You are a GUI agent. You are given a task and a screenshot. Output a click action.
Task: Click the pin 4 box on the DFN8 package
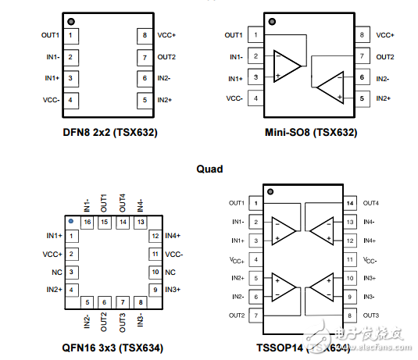(x=70, y=99)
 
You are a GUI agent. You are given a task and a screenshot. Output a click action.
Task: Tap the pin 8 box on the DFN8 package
(x=145, y=36)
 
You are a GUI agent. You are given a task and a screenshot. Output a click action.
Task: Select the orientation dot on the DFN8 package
(x=72, y=21)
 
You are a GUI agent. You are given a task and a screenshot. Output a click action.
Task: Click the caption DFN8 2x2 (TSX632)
(x=110, y=132)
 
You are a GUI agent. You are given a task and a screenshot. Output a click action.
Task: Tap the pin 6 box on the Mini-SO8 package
(x=362, y=78)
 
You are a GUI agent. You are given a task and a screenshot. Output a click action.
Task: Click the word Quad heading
(x=209, y=169)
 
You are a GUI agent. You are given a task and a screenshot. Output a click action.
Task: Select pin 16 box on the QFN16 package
(x=87, y=223)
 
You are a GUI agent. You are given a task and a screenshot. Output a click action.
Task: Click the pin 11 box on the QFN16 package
(x=155, y=254)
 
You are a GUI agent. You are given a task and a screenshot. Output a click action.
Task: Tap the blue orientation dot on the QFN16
(x=71, y=222)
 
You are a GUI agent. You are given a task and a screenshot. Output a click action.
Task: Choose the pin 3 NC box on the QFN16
(x=71, y=272)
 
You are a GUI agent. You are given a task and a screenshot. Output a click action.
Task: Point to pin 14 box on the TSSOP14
(x=348, y=203)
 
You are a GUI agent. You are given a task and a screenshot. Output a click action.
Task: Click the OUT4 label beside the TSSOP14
(x=371, y=203)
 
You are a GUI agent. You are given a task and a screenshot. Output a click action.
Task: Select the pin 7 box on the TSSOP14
(x=255, y=315)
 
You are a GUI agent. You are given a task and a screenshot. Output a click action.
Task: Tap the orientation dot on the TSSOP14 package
(x=270, y=191)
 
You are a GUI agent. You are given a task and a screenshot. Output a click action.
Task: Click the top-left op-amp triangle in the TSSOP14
(x=283, y=230)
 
